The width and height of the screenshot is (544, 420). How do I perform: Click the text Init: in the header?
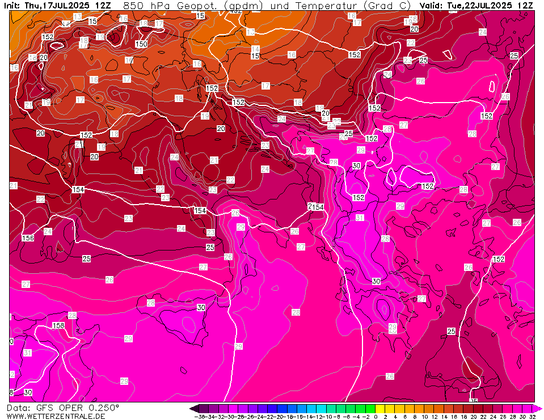(x=11, y=5)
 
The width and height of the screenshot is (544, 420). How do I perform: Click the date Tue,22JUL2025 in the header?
(x=482, y=5)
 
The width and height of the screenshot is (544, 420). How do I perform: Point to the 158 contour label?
(x=58, y=325)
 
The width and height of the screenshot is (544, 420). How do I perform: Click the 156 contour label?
(x=27, y=238)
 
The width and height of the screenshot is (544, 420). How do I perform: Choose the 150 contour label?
(x=141, y=44)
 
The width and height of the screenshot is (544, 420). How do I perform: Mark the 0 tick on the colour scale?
(x=376, y=417)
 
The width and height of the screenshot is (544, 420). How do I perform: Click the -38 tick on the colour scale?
(x=199, y=417)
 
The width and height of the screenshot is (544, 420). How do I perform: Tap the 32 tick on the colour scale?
(x=532, y=417)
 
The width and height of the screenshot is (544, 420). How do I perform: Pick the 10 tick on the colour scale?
(x=424, y=417)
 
